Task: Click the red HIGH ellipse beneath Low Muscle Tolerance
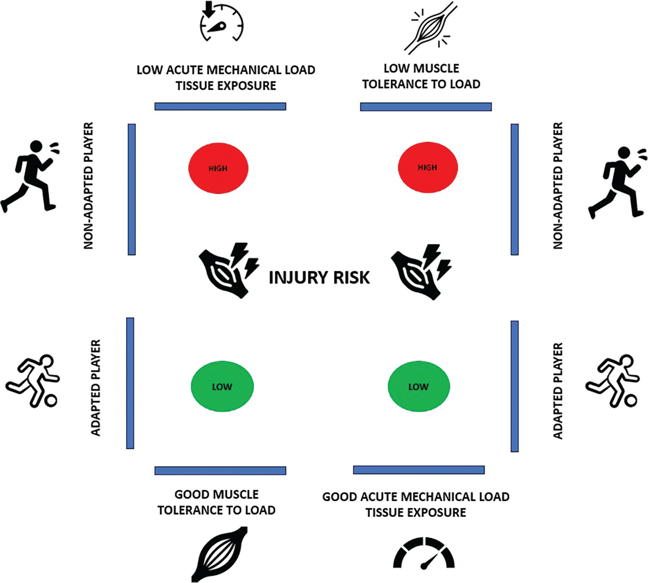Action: [x=428, y=168]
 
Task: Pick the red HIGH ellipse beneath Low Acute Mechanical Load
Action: [x=218, y=168]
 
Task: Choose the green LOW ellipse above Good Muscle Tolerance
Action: [x=222, y=386]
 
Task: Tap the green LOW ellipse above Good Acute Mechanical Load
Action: [x=419, y=386]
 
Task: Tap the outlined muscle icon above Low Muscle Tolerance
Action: [x=430, y=28]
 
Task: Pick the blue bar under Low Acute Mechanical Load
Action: [x=220, y=106]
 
